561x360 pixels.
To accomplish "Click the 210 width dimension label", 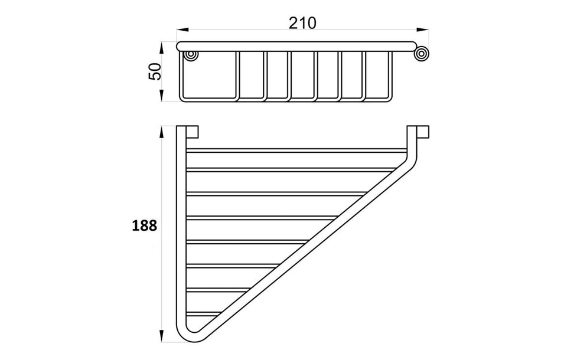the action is pyautogui.click(x=302, y=23).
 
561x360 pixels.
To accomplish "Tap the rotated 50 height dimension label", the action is pyautogui.click(x=155, y=71).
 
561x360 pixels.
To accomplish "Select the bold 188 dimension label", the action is pyautogui.click(x=145, y=226).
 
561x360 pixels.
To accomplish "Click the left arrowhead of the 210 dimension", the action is pyautogui.click(x=182, y=30).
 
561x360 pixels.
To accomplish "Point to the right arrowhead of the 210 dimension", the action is pyautogui.click(x=423, y=30).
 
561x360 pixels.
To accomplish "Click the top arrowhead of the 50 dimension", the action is pyautogui.click(x=162, y=48).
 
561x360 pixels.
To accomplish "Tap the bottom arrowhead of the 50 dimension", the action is pyautogui.click(x=162, y=96).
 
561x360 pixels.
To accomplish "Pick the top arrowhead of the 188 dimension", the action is pyautogui.click(x=162, y=132).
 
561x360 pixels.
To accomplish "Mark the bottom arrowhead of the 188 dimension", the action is pyautogui.click(x=162, y=336).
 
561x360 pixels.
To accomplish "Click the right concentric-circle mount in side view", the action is pyautogui.click(x=422, y=54).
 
